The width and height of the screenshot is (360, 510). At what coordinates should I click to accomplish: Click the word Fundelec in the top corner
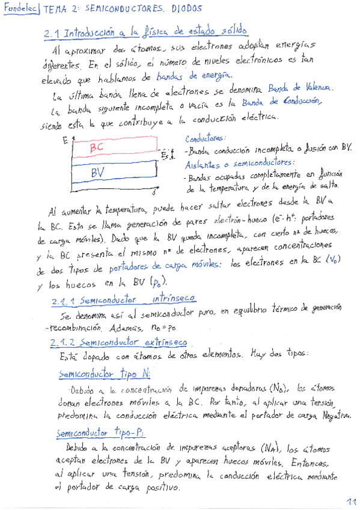pos(20,10)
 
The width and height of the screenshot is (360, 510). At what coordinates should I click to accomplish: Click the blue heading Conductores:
pos(206,138)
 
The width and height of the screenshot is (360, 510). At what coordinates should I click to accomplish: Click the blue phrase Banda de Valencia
pos(299,88)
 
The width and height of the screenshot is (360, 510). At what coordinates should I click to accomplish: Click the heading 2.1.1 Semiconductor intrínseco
pos(123,299)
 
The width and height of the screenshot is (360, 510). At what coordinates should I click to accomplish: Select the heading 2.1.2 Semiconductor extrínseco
pos(119,342)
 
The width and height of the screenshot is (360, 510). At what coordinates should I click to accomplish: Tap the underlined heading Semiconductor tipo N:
pos(105,373)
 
